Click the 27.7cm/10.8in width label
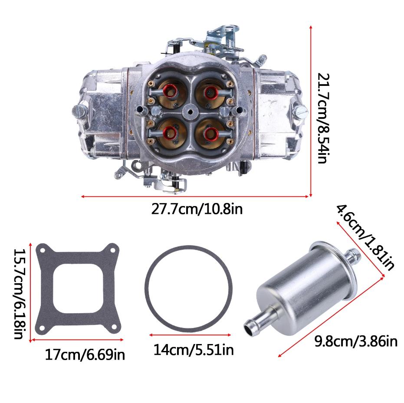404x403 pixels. (197, 209)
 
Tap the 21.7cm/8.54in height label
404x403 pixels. (323, 118)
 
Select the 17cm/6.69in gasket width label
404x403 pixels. (85, 354)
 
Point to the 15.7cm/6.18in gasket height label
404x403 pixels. (19, 294)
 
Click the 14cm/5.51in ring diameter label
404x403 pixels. (194, 350)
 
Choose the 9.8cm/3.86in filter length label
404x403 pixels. (356, 341)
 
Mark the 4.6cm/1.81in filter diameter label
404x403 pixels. (365, 237)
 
